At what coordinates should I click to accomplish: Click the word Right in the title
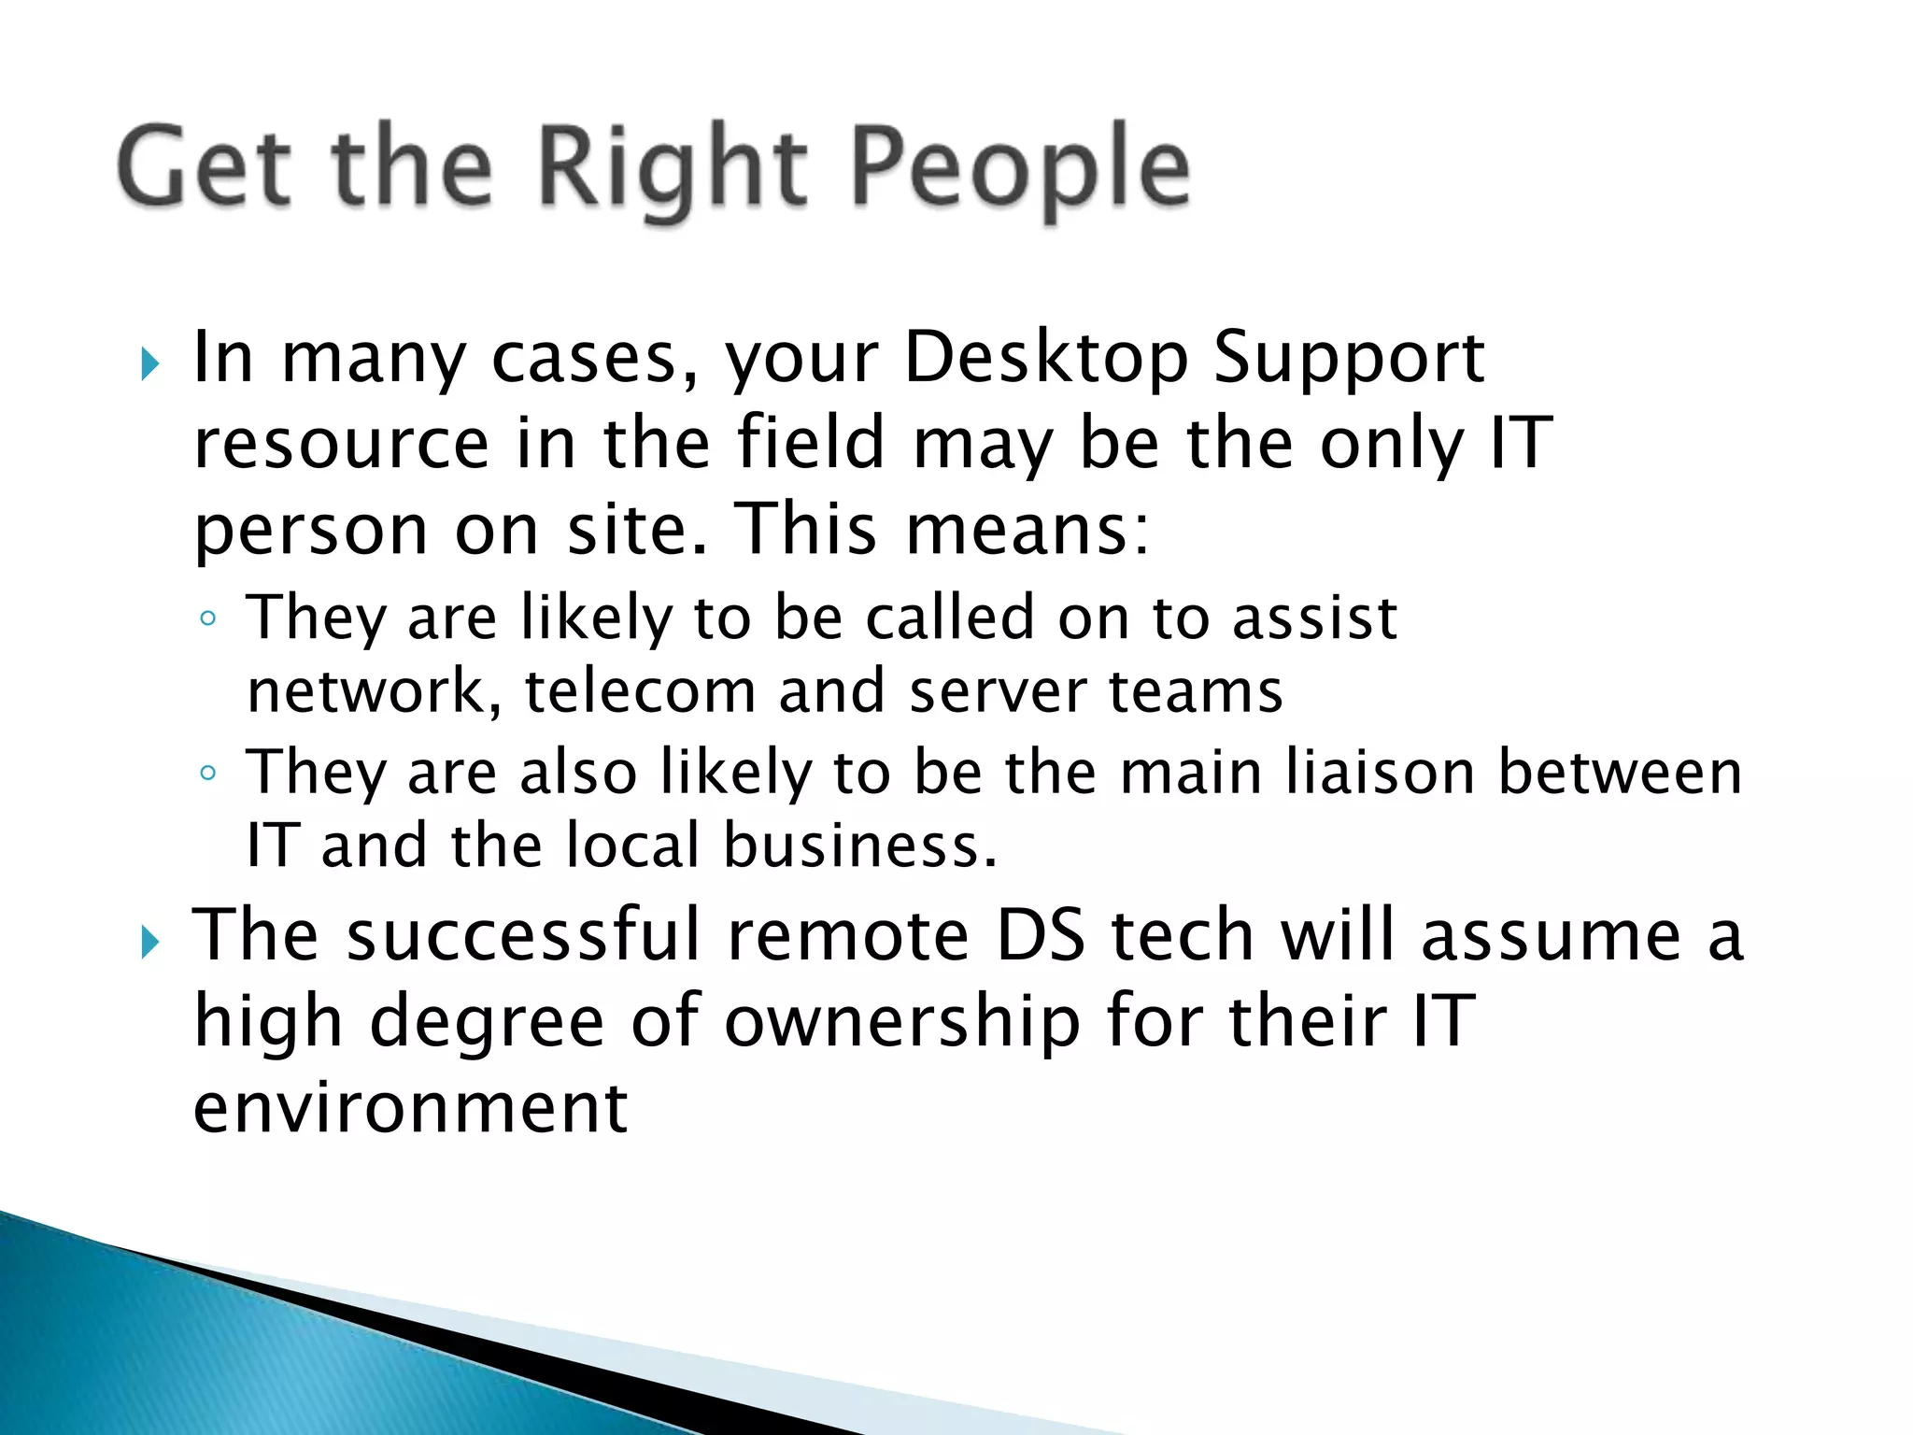(x=672, y=168)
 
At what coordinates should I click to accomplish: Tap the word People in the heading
(x=1021, y=168)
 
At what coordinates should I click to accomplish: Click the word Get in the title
(x=205, y=168)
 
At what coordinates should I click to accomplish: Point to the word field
(x=810, y=443)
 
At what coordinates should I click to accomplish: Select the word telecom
(x=640, y=691)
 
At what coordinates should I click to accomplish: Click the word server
(x=998, y=691)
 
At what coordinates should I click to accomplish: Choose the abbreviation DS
(x=1041, y=935)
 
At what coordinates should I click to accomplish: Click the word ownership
(x=902, y=1021)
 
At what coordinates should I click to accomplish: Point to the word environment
(x=410, y=1107)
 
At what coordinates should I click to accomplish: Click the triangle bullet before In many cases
(x=150, y=364)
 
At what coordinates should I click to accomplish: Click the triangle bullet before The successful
(x=150, y=943)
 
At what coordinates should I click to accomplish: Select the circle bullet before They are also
(x=208, y=774)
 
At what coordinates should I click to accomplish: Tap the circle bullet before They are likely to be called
(x=208, y=618)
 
